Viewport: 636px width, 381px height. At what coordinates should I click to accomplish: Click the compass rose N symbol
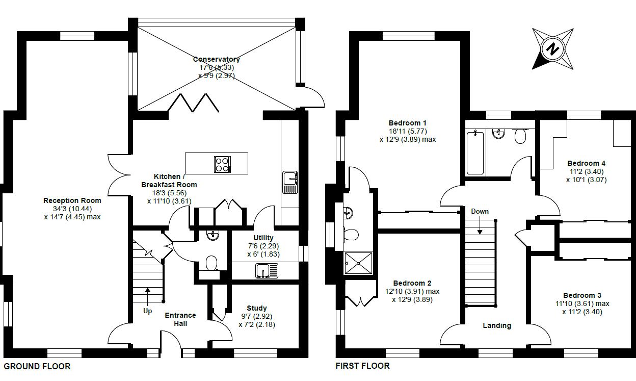tap(552, 49)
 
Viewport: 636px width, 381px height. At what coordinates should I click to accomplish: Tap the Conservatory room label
tap(217, 59)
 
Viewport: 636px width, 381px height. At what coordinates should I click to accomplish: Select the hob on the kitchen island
tap(222, 165)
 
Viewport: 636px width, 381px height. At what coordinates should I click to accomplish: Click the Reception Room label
tap(72, 200)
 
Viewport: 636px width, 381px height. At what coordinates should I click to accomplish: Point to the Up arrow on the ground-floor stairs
tap(148, 295)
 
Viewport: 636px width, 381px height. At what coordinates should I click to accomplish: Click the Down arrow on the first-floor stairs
tap(480, 225)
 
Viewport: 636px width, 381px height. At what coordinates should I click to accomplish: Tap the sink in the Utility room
tap(267, 270)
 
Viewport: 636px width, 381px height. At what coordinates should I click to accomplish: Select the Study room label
tap(257, 308)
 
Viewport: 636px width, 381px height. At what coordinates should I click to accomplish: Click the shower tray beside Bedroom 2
tap(358, 263)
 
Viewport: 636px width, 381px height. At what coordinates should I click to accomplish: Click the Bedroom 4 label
tap(586, 163)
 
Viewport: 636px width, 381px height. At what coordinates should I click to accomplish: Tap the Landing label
tap(497, 325)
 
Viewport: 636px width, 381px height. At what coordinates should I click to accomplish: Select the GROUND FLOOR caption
tap(37, 366)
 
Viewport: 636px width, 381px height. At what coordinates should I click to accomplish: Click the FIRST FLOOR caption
tap(362, 366)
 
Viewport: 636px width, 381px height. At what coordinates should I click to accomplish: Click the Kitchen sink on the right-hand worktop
tap(290, 183)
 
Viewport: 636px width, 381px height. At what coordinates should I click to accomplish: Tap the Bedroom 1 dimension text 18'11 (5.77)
tap(408, 131)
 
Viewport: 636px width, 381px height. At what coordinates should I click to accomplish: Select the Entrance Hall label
tap(180, 319)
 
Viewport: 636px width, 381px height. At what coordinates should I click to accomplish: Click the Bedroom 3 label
tap(582, 295)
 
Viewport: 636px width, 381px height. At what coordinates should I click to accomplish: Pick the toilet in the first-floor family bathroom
tap(520, 136)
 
